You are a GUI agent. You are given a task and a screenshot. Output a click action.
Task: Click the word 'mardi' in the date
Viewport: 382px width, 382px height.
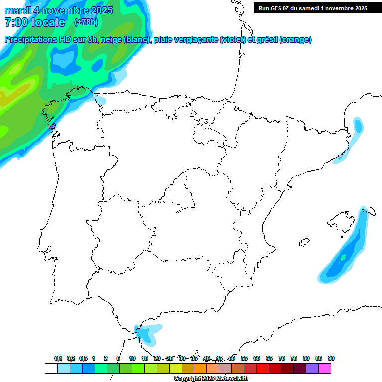click(x=17, y=10)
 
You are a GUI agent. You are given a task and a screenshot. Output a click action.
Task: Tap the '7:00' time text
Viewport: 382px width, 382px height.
click(x=15, y=22)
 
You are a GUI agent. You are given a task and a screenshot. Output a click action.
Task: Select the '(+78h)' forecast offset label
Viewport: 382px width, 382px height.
click(x=86, y=22)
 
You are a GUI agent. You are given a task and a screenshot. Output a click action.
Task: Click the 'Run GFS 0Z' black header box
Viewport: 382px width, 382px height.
click(x=312, y=8)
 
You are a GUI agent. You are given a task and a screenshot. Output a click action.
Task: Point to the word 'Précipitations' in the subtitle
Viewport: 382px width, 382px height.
click(x=30, y=40)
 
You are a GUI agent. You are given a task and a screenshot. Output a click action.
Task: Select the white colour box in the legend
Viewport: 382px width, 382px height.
click(x=51, y=368)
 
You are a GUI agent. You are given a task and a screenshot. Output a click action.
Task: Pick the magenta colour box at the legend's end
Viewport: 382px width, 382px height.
click(x=325, y=368)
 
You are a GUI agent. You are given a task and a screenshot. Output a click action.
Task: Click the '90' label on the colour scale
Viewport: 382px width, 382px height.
click(x=331, y=359)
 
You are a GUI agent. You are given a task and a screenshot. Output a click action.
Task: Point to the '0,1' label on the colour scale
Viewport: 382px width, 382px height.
click(x=58, y=359)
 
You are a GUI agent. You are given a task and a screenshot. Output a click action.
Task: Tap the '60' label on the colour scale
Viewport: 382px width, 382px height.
click(x=257, y=359)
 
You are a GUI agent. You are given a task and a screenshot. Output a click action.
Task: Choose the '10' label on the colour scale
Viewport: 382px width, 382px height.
click(x=132, y=359)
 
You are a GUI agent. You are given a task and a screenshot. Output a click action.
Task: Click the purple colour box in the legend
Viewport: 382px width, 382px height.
click(x=312, y=368)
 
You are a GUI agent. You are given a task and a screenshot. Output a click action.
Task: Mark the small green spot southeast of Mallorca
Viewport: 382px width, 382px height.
click(x=343, y=257)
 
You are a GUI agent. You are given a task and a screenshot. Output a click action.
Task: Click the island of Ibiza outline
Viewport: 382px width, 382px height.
click(x=304, y=242)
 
